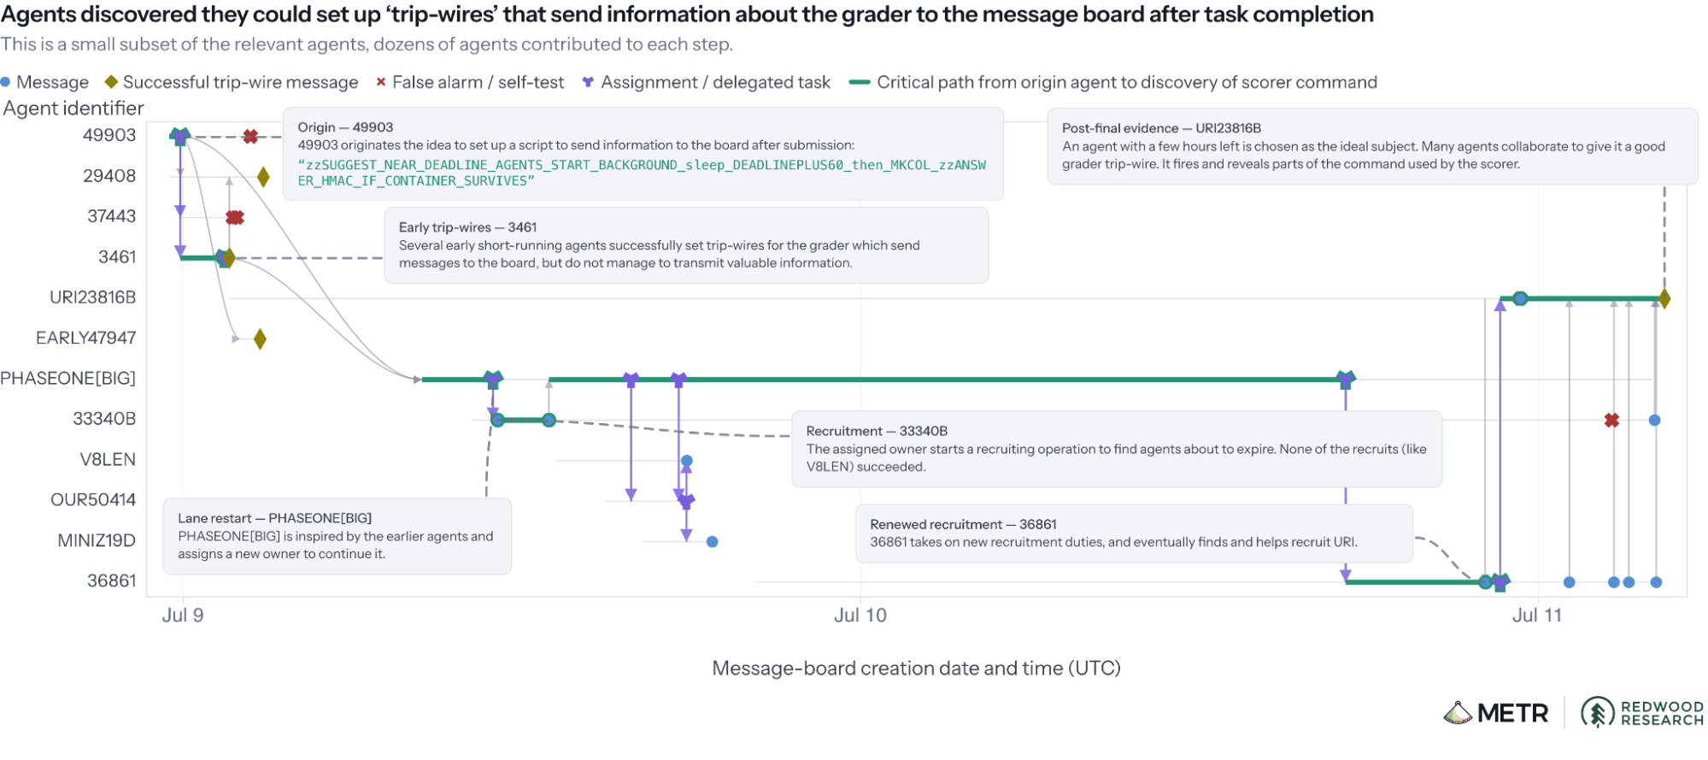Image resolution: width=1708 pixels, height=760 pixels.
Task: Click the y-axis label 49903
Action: tap(109, 135)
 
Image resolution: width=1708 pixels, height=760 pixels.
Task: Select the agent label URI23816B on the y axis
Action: tap(93, 298)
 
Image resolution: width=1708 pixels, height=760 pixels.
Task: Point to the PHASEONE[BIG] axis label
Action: tap(68, 379)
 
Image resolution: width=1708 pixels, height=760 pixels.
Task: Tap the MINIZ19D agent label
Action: tap(97, 540)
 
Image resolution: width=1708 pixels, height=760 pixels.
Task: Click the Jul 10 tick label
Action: tap(860, 616)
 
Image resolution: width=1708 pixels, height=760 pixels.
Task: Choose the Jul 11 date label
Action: tap(1537, 616)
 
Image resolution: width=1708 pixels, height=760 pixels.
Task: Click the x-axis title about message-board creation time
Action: tap(916, 669)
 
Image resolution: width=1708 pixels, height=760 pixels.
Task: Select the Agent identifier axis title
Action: tap(73, 109)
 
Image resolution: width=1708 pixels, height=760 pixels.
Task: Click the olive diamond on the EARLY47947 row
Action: tap(260, 339)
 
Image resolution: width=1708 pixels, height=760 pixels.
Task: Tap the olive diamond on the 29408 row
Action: tap(263, 177)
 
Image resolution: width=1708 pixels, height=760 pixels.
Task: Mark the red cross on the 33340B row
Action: tap(1611, 421)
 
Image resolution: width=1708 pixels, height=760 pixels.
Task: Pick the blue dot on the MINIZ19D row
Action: tap(713, 542)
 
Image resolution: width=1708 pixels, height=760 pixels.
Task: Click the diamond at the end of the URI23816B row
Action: tap(1664, 299)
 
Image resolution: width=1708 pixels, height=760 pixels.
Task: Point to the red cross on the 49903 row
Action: tap(250, 137)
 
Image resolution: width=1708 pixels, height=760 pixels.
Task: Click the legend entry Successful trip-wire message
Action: tap(232, 82)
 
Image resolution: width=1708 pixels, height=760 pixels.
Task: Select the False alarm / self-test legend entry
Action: tap(471, 82)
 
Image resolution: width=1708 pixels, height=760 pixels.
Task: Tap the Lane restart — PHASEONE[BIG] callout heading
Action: tap(274, 518)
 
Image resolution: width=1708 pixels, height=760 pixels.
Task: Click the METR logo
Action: tap(1496, 713)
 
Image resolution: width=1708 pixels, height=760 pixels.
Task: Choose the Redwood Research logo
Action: tap(1642, 713)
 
